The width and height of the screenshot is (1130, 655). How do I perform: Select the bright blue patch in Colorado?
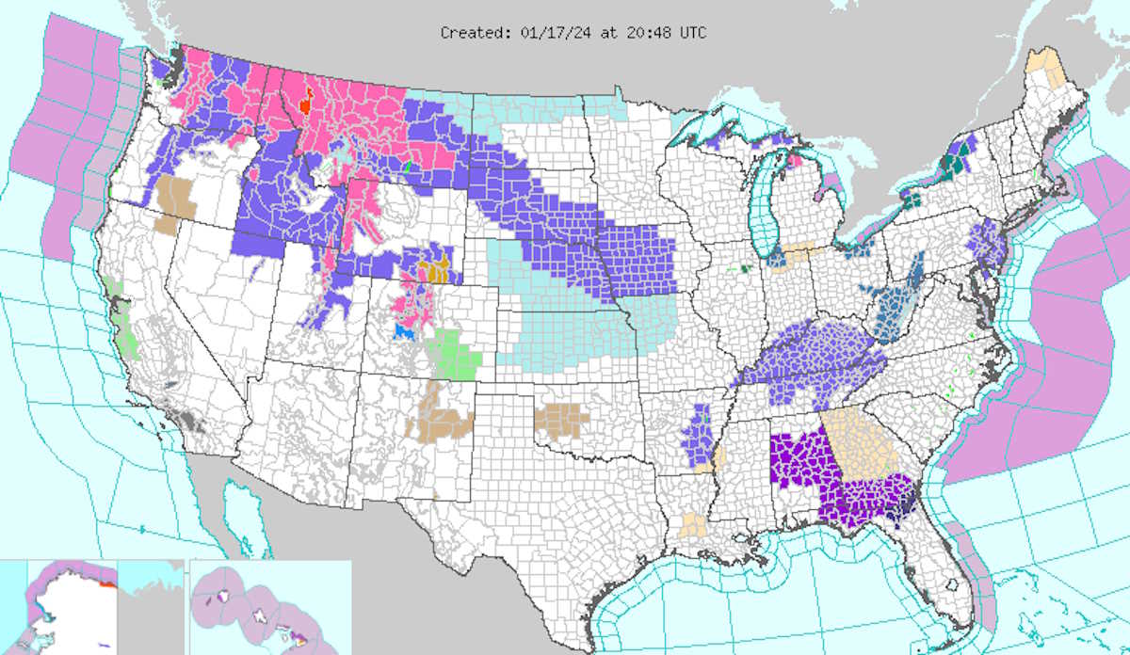pyautogui.click(x=404, y=332)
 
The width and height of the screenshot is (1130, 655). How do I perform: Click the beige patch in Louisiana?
pyautogui.click(x=694, y=524)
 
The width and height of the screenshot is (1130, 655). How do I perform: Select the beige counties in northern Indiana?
pyautogui.click(x=800, y=251)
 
